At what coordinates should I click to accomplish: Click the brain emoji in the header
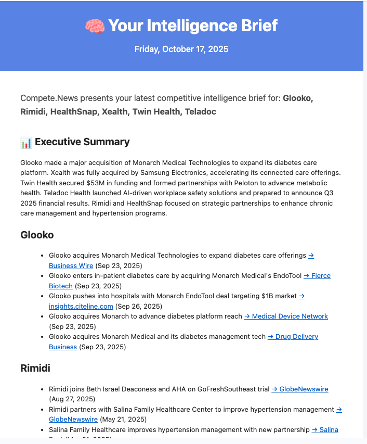(x=95, y=26)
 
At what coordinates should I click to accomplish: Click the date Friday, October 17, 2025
(x=181, y=49)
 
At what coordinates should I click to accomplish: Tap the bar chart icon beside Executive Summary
(x=26, y=142)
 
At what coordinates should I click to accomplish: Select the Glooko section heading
(x=37, y=235)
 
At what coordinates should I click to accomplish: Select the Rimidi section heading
(x=35, y=368)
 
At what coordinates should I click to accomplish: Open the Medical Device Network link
(x=286, y=316)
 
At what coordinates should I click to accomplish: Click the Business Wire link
(x=71, y=265)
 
